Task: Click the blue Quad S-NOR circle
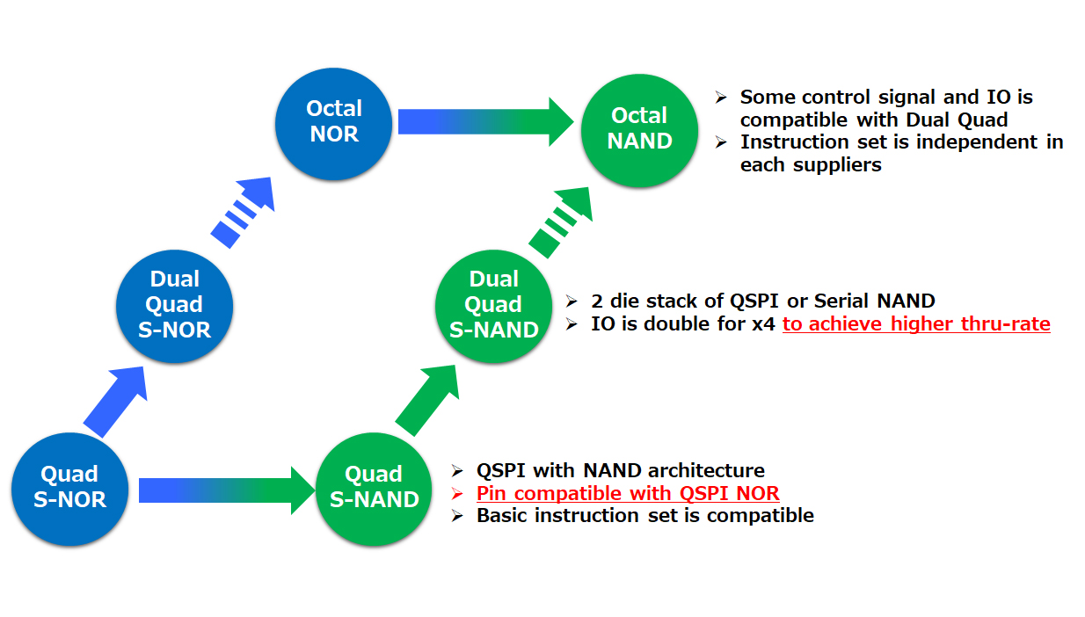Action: tap(69, 487)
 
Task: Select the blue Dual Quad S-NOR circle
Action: tap(174, 304)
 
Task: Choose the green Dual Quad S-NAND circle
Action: tap(493, 304)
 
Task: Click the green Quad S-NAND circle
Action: tap(374, 487)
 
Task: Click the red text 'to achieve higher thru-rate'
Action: tap(916, 324)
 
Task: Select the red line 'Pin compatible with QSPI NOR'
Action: tap(628, 493)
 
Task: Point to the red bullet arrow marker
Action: tap(457, 493)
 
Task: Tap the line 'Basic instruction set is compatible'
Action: tap(644, 515)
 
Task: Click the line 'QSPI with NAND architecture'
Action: tap(620, 470)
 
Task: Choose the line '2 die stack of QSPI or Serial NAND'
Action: tap(763, 301)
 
